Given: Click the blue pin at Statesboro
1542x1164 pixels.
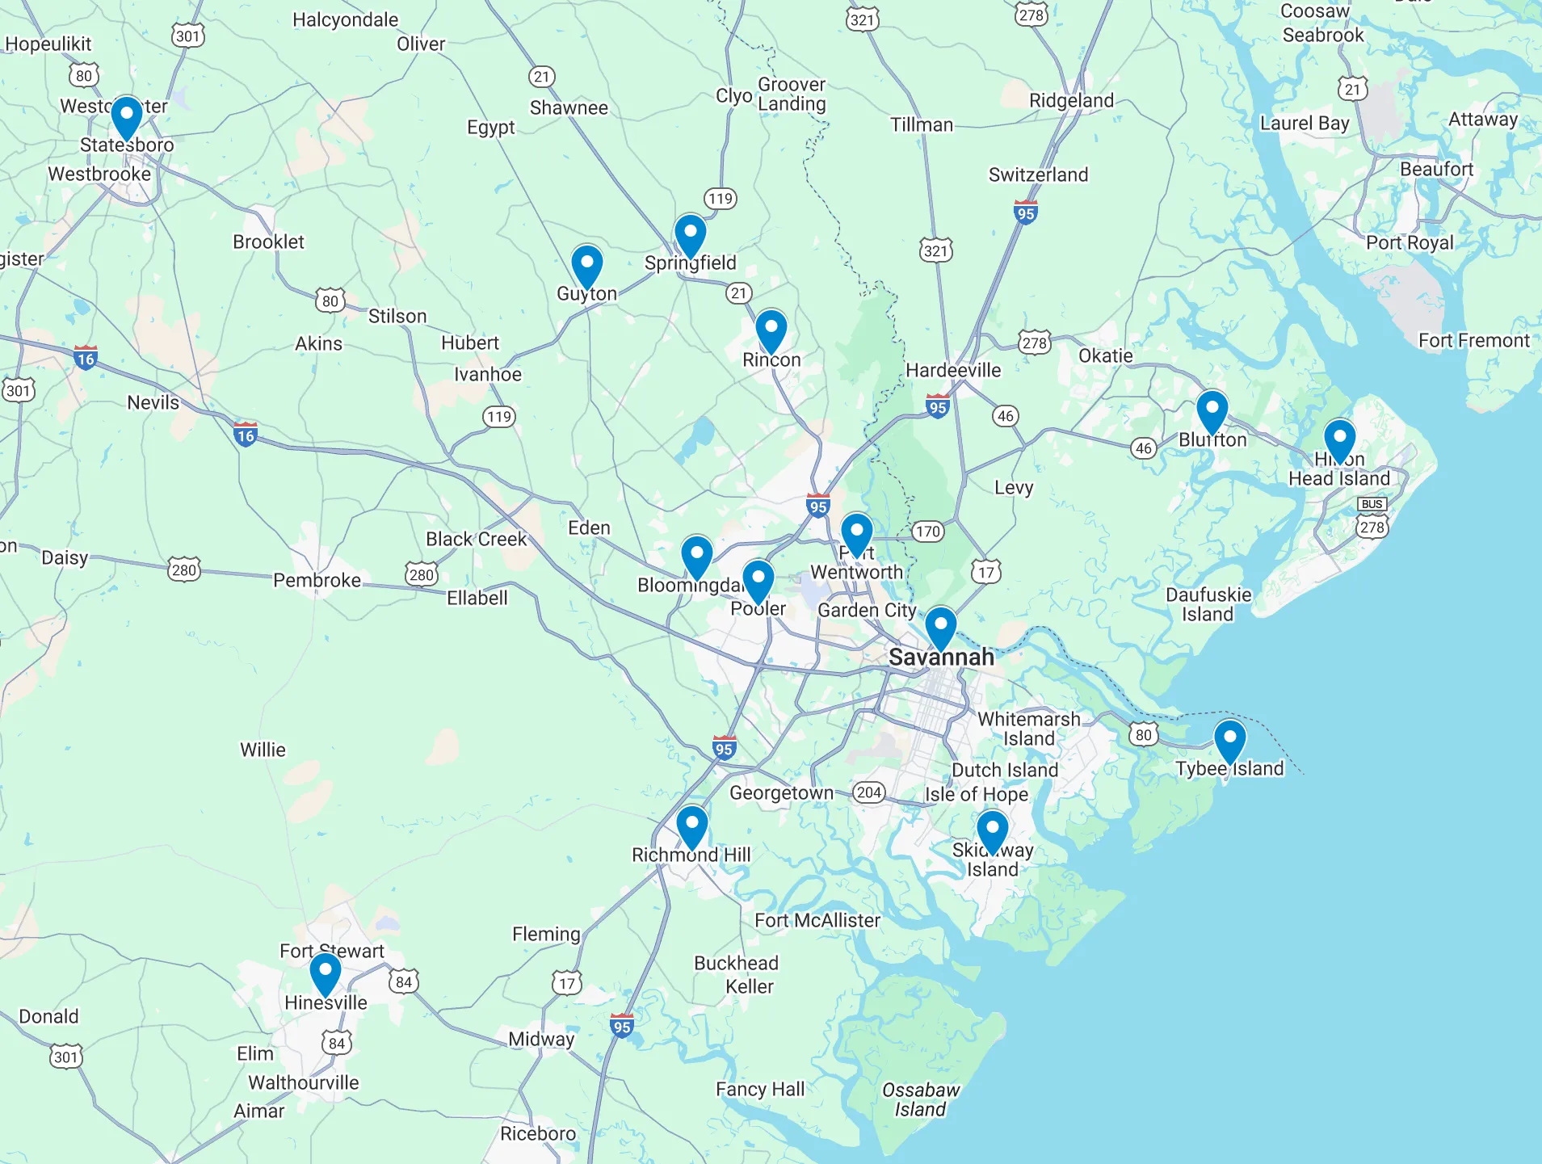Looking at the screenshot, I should click(127, 116).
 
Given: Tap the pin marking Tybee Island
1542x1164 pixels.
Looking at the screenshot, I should click(1229, 740).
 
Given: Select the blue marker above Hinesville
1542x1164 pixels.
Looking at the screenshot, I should click(326, 973).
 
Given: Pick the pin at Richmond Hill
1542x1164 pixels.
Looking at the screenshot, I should click(692, 826).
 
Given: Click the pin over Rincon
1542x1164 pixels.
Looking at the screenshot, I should click(771, 330).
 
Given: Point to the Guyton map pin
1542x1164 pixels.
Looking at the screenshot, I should click(587, 266).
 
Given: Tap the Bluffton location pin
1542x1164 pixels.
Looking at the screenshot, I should click(1212, 410).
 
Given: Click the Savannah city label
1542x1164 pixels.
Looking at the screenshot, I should click(941, 658).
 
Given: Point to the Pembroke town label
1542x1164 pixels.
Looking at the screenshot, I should click(317, 580).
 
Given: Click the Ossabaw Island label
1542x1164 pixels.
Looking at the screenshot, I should click(920, 1099).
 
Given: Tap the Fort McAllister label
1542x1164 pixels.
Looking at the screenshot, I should click(817, 920).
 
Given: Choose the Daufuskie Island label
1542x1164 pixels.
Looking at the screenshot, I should click(1208, 604).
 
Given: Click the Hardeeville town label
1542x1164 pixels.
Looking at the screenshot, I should click(953, 370).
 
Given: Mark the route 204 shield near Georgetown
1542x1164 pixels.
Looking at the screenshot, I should click(869, 792).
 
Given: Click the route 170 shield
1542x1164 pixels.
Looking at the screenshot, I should click(927, 532).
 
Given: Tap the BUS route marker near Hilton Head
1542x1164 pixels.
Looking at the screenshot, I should click(1372, 504).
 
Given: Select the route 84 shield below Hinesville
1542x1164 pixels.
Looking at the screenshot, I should click(337, 1043).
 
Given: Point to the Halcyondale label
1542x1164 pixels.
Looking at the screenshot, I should click(345, 19).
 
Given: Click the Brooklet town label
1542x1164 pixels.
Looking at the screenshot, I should click(268, 242).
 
